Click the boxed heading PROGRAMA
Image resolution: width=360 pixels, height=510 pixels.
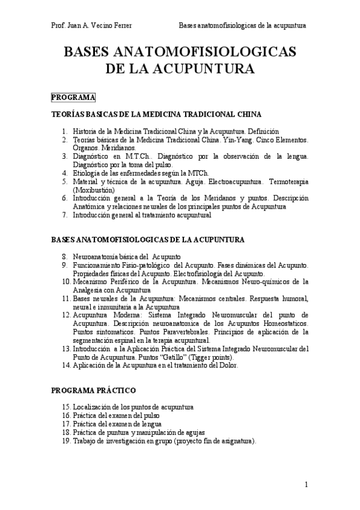coord(73,97)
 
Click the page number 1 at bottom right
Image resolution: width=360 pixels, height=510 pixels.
coord(306,485)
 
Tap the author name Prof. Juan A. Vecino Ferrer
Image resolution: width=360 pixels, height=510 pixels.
coord(91,26)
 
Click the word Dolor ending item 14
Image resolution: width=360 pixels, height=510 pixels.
coord(228,364)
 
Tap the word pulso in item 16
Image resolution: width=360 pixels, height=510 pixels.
coord(150,416)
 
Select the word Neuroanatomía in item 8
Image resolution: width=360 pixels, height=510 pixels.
coord(96,256)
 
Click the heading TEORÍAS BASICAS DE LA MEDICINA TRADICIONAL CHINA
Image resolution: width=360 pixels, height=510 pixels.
coord(156,114)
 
